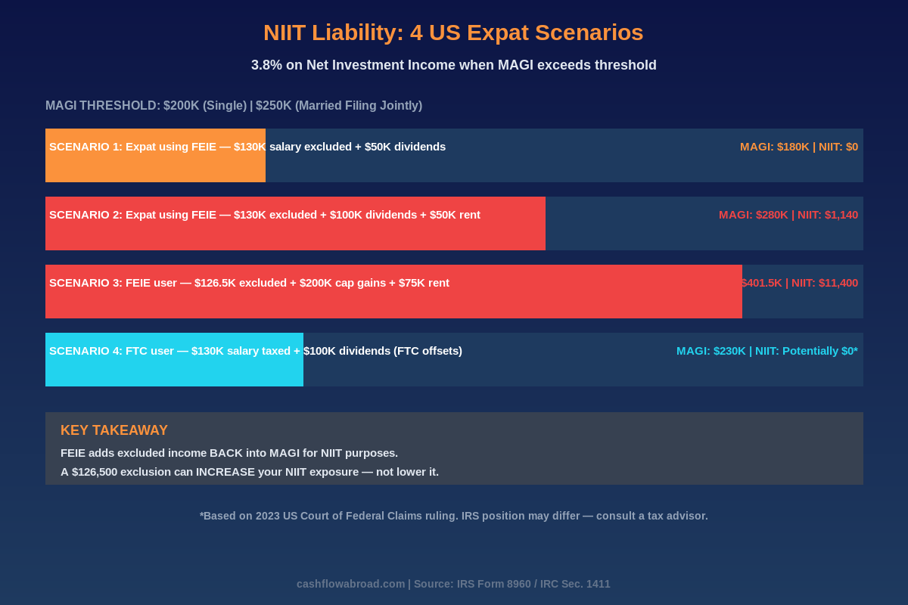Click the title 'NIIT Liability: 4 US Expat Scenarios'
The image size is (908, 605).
pyautogui.click(x=453, y=33)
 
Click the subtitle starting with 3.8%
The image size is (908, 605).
pyautogui.click(x=453, y=65)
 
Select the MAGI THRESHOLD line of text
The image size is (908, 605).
pyautogui.click(x=234, y=106)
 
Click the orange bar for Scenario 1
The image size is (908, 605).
pyautogui.click(x=155, y=166)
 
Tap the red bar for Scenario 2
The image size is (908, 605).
pyautogui.click(x=295, y=234)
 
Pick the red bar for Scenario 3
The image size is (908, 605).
pyautogui.click(x=393, y=302)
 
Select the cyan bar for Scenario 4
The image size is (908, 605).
pyautogui.click(x=174, y=371)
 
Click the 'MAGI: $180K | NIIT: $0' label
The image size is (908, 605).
pyautogui.click(x=798, y=147)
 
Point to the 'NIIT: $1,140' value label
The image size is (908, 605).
pyautogui.click(x=828, y=215)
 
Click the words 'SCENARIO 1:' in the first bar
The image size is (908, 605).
pyautogui.click(x=86, y=147)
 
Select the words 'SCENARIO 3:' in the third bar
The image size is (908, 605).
pyautogui.click(x=86, y=283)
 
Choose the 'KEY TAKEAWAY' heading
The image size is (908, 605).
pyautogui.click(x=114, y=430)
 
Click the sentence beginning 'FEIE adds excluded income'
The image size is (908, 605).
pyautogui.click(x=229, y=453)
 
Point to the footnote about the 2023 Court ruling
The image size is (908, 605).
pyautogui.click(x=453, y=516)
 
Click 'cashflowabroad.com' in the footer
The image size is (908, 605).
pyautogui.click(x=350, y=584)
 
